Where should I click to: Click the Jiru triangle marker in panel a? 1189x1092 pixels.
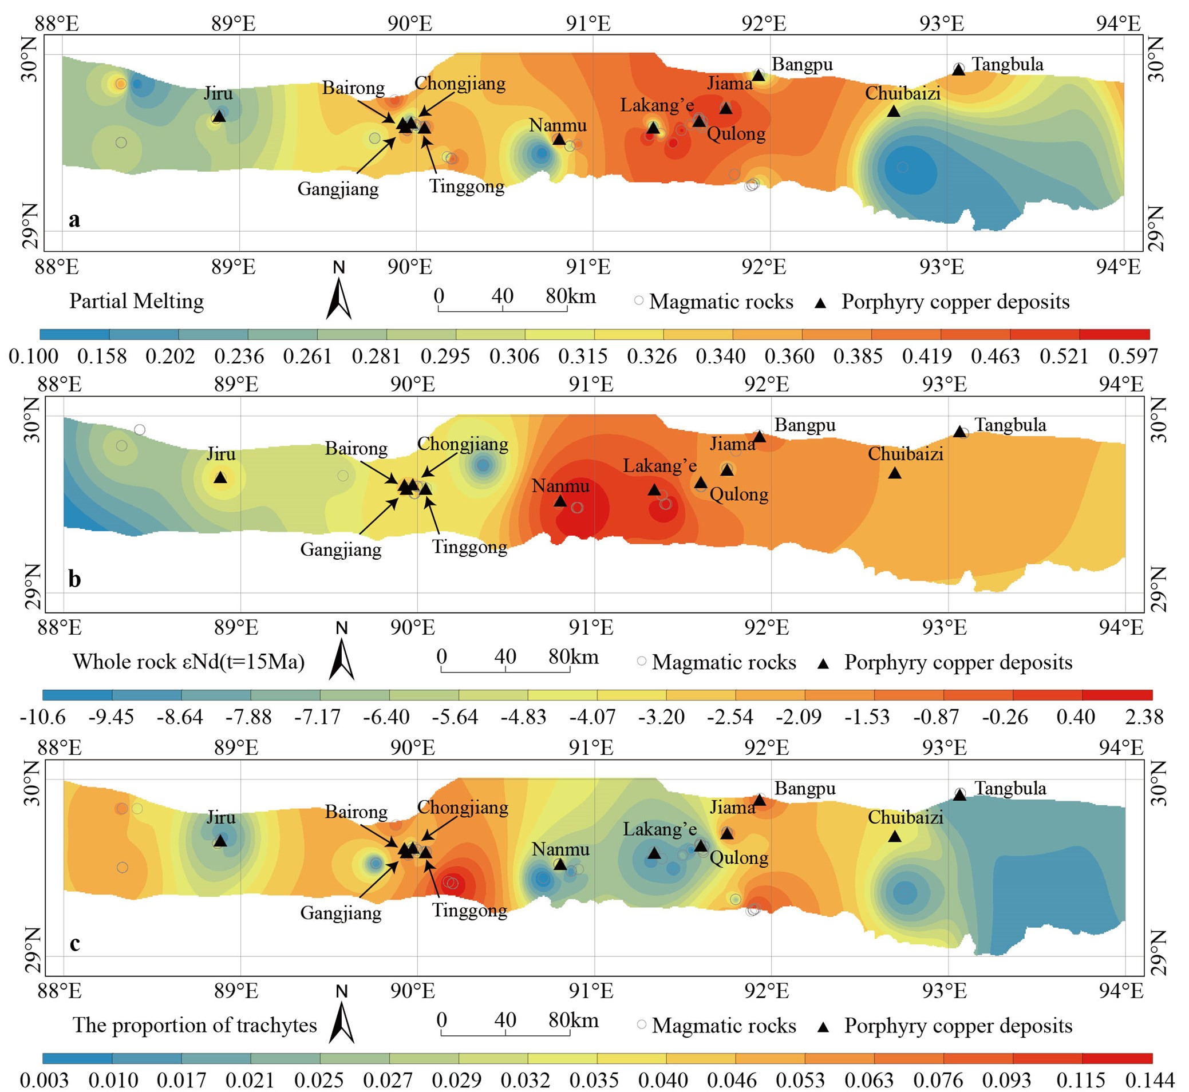(x=219, y=116)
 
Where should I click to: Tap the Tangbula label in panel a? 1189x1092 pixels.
(x=1007, y=64)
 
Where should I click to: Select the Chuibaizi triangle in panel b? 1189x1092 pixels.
(x=895, y=473)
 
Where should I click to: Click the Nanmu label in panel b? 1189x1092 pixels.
(x=560, y=486)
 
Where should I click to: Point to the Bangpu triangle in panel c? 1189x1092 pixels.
(x=760, y=800)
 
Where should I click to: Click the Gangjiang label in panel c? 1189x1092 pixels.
(x=341, y=913)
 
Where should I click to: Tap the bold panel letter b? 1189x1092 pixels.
(x=74, y=579)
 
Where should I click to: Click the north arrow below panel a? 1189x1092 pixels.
(x=339, y=298)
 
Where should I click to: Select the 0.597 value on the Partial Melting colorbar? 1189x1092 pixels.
(x=1132, y=357)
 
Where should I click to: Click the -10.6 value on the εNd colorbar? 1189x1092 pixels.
(x=42, y=717)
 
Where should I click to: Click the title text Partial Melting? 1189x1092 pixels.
(x=136, y=302)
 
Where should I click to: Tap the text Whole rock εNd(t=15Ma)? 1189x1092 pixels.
(x=188, y=662)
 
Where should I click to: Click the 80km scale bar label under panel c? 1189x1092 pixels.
(x=573, y=1020)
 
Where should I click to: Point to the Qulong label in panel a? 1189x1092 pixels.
(x=736, y=134)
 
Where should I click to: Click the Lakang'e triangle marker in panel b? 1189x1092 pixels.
(x=654, y=489)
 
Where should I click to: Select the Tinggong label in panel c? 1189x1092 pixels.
(x=469, y=910)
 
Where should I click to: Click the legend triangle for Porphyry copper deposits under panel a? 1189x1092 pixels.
(x=820, y=303)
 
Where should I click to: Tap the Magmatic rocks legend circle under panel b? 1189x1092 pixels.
(x=641, y=661)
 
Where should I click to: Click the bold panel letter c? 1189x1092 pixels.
(x=74, y=943)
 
